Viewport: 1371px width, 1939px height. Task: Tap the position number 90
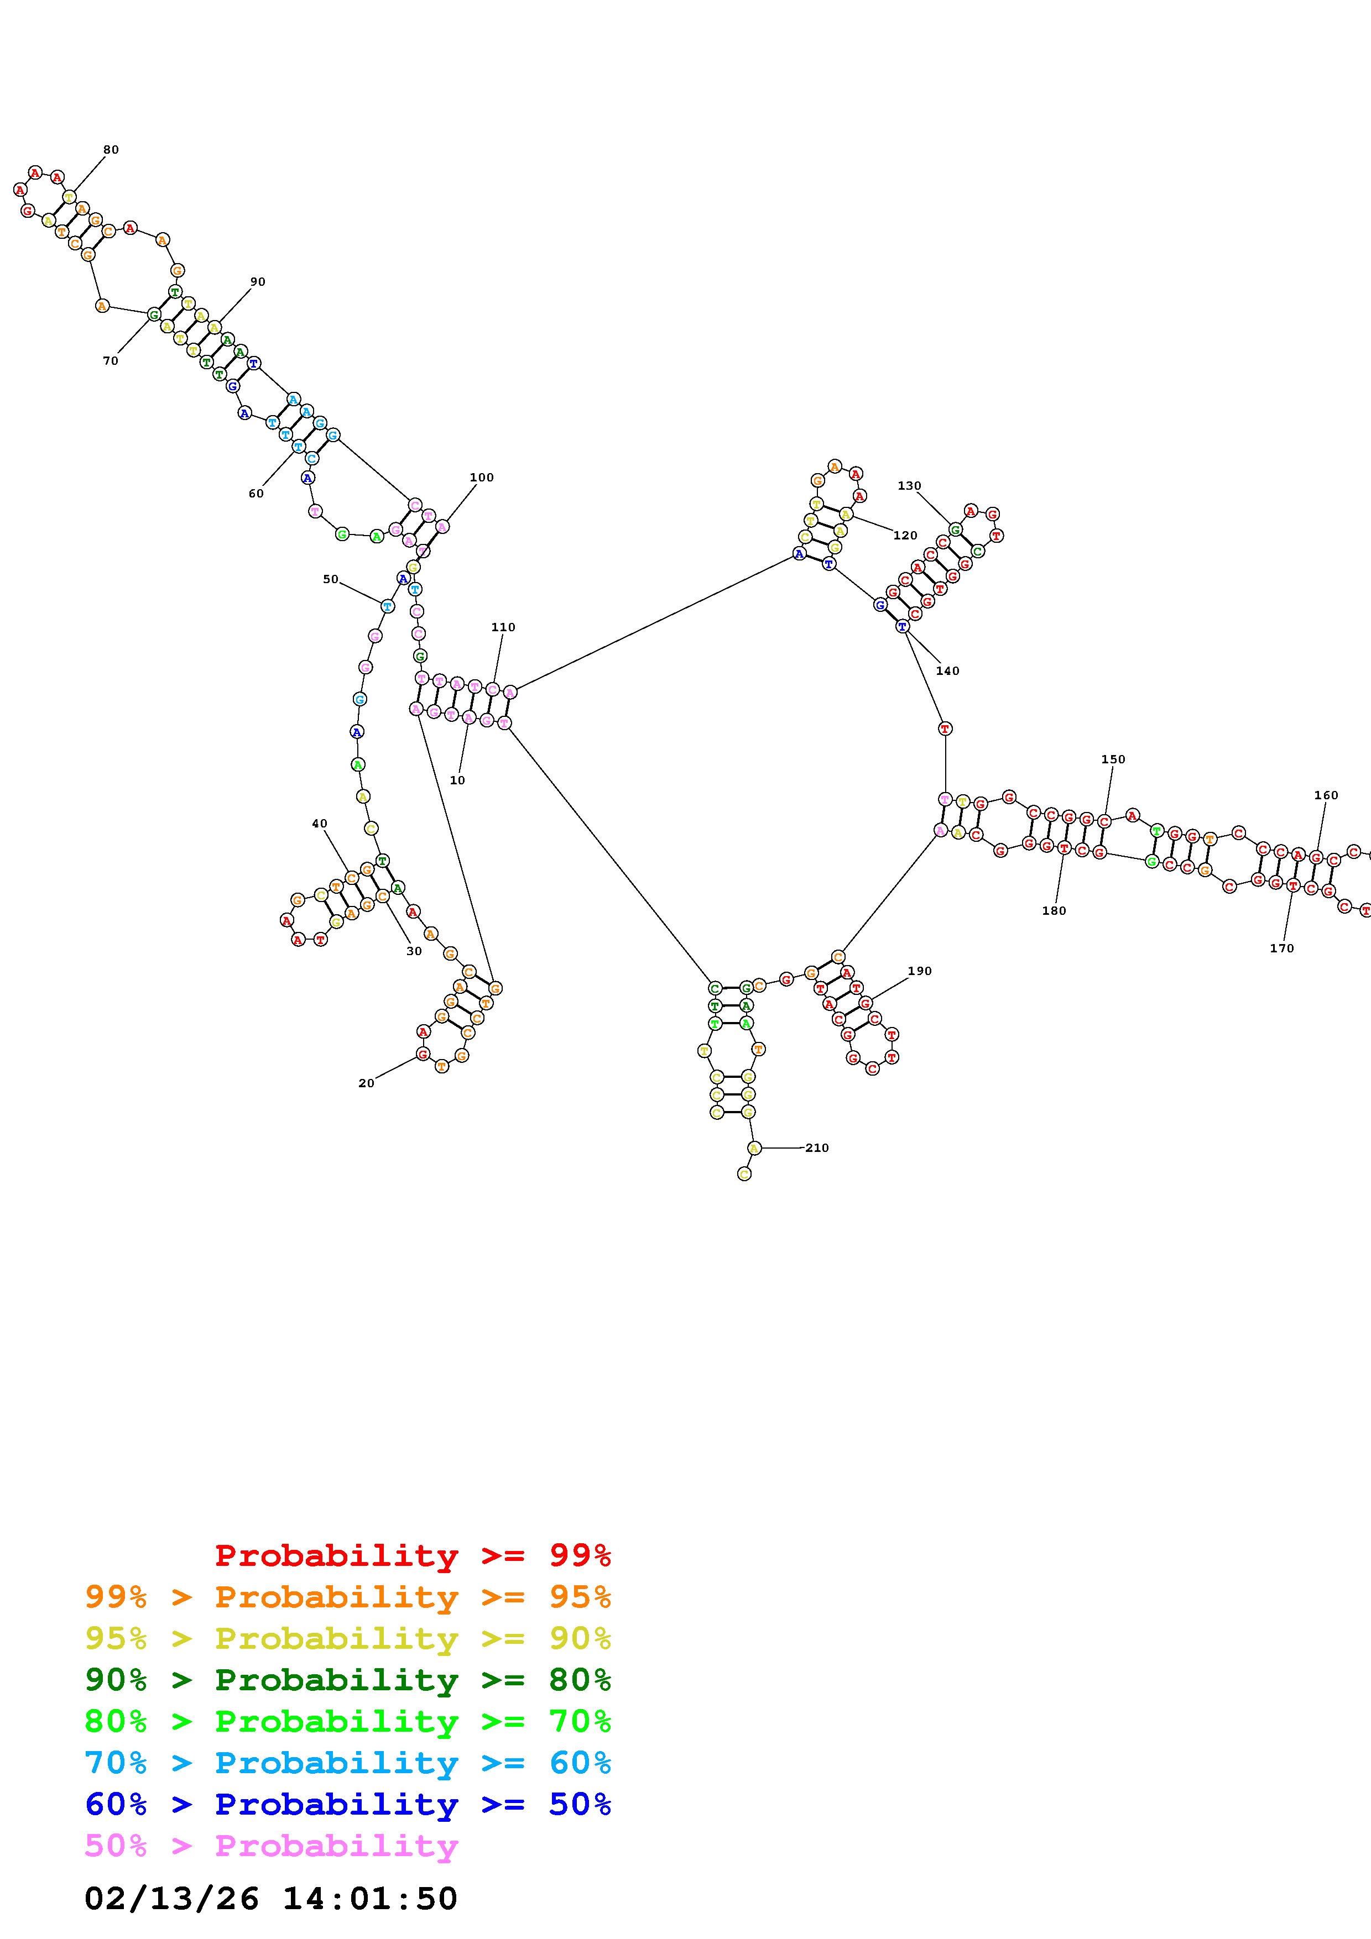(x=258, y=282)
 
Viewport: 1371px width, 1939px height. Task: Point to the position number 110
(x=503, y=627)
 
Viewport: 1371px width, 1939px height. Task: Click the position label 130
(x=909, y=486)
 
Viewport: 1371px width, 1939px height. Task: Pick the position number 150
(x=1113, y=760)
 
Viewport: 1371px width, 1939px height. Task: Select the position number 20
(x=366, y=1083)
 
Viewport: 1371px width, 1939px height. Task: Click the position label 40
(x=319, y=824)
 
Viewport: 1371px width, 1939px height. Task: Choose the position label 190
(x=919, y=971)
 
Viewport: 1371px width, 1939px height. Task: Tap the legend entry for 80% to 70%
(x=348, y=1721)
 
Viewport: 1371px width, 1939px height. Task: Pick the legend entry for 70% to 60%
(x=348, y=1763)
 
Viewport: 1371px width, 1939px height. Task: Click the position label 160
(x=1326, y=795)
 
